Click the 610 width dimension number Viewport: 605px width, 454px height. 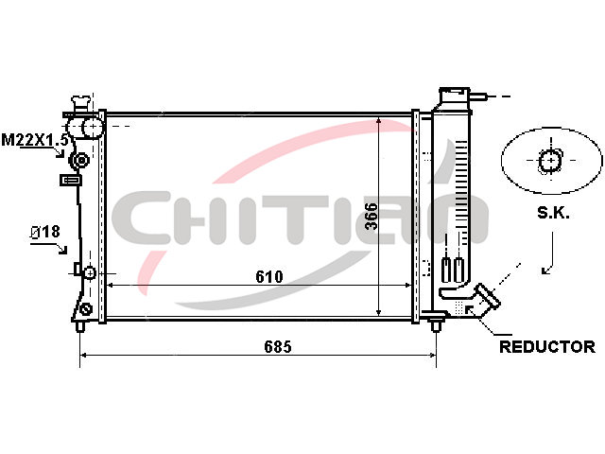tap(268, 276)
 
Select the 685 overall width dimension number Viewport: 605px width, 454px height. tap(278, 347)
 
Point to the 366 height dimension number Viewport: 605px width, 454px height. tap(372, 217)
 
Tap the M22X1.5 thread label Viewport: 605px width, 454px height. tap(35, 140)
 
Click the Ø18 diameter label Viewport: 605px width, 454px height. tap(45, 232)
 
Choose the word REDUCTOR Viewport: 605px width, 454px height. tap(547, 347)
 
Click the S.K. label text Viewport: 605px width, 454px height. tap(553, 213)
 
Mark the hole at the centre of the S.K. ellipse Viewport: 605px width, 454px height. tap(550, 160)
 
